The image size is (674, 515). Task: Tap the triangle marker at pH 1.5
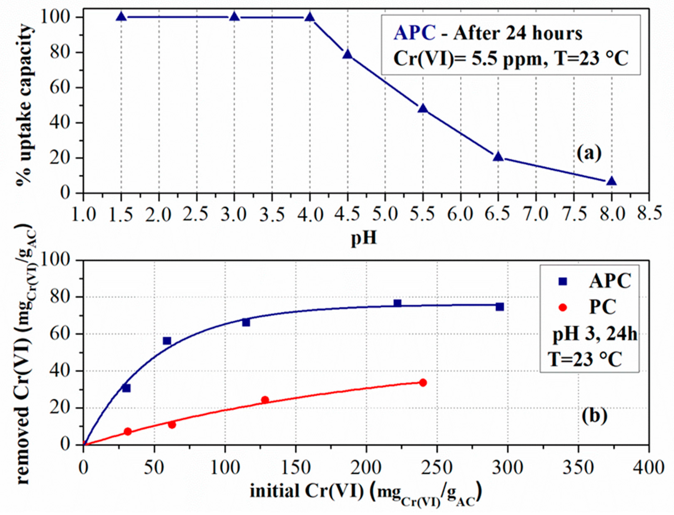pyautogui.click(x=121, y=17)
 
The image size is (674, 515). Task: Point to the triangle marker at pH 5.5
pyautogui.click(x=423, y=109)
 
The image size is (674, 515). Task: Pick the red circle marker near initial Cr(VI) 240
pyautogui.click(x=423, y=383)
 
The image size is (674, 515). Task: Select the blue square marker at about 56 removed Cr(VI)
pyautogui.click(x=167, y=341)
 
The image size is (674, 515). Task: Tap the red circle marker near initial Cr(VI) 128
pyautogui.click(x=265, y=400)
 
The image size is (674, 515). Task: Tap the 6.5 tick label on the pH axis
pyautogui.click(x=497, y=214)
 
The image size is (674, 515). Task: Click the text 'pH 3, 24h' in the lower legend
pyautogui.click(x=594, y=334)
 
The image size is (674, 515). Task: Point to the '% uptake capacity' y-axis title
pyautogui.click(x=24, y=104)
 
